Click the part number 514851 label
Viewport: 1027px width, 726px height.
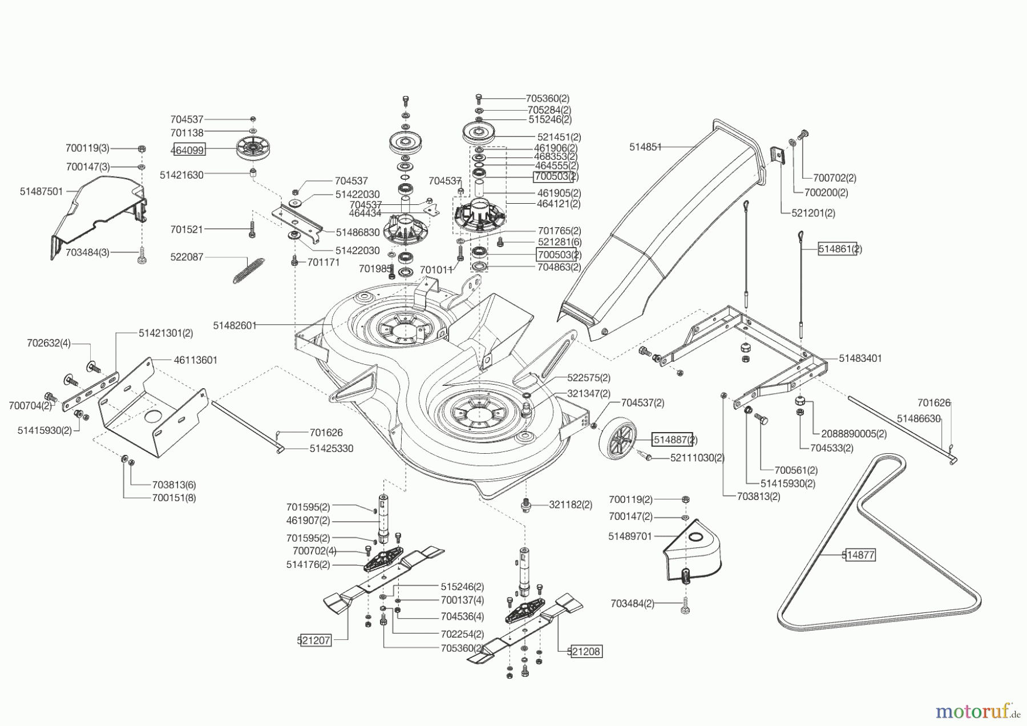[x=645, y=147]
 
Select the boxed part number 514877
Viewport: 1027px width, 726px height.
[x=859, y=554]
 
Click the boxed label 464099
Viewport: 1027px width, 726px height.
[x=188, y=150]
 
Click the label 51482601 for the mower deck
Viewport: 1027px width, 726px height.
[x=234, y=325]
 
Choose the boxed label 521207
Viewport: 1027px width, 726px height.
[x=314, y=640]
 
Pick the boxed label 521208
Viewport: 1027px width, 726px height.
[x=585, y=651]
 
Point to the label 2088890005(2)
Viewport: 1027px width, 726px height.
[x=854, y=434]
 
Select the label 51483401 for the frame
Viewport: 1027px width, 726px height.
[x=860, y=358]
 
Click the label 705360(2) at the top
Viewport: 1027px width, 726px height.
[x=548, y=99]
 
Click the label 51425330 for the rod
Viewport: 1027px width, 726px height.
[x=331, y=449]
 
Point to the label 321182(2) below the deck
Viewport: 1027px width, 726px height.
[x=571, y=505]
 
